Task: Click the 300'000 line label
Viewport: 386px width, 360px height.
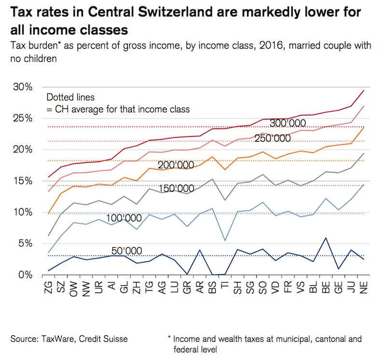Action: pos(289,123)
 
